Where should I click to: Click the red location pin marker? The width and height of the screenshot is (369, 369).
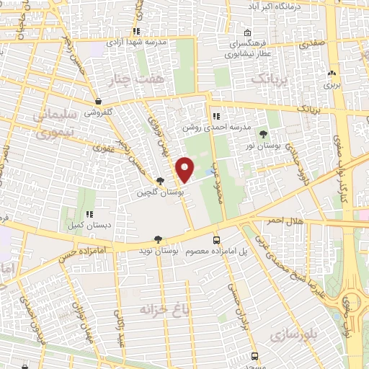(185, 169)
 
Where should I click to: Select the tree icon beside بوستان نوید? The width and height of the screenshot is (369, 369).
(158, 239)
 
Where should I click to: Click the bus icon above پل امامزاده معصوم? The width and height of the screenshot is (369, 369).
(216, 240)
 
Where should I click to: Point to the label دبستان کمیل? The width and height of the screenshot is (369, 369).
(88, 226)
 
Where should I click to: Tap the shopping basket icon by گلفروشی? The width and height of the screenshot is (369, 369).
(97, 102)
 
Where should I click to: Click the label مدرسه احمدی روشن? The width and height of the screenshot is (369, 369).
(221, 127)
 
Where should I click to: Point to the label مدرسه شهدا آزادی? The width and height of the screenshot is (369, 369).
(137, 42)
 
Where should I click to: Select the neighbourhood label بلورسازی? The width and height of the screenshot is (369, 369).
(295, 334)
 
